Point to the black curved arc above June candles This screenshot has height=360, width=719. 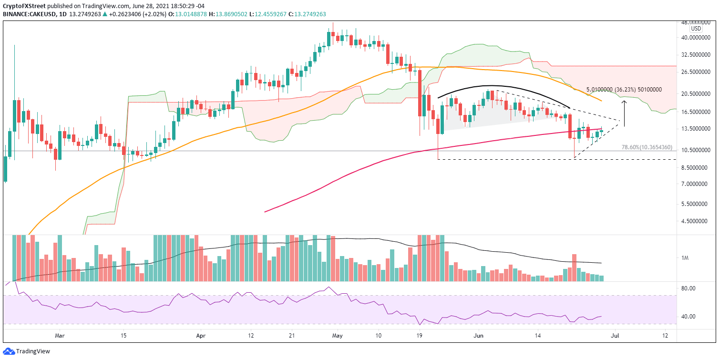pos(491,86)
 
